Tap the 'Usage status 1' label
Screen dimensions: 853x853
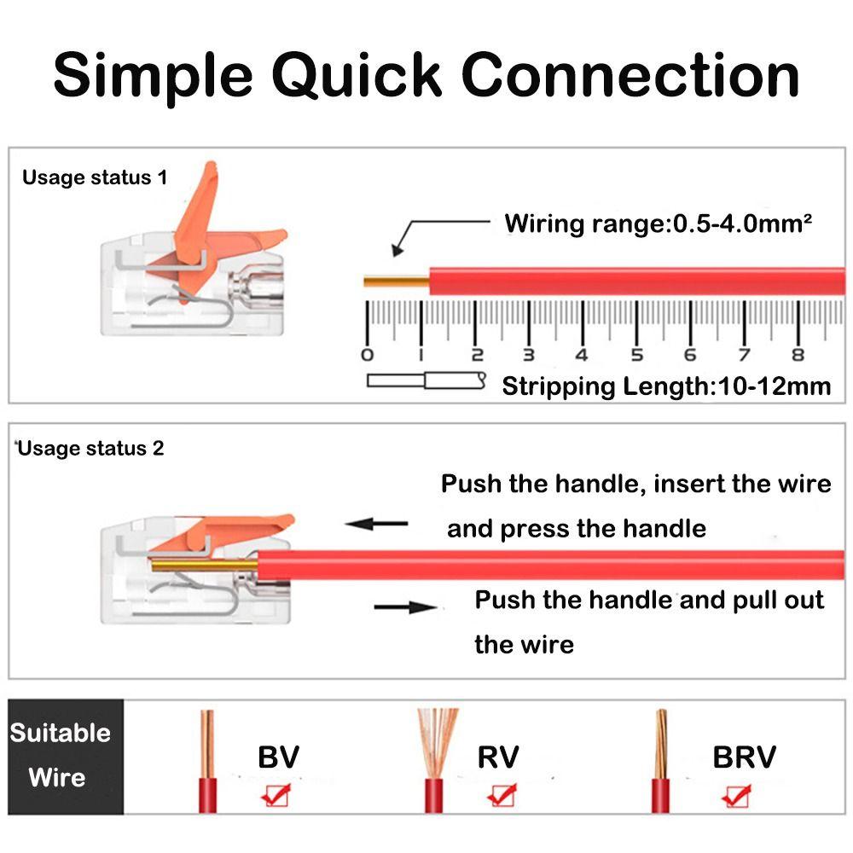(95, 178)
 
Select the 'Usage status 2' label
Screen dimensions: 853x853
(91, 449)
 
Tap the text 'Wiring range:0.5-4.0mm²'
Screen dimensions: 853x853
(658, 224)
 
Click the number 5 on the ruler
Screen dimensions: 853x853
(636, 355)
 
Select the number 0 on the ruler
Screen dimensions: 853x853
(368, 355)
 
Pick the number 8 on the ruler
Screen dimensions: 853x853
(798, 355)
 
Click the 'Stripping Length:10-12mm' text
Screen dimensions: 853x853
(666, 386)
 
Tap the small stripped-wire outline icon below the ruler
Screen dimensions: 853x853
(426, 381)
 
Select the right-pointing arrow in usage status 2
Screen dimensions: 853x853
(406, 607)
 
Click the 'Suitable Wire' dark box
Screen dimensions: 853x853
(61, 756)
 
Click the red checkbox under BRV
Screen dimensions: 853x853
(735, 795)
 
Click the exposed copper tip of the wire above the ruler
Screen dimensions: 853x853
(396, 281)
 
